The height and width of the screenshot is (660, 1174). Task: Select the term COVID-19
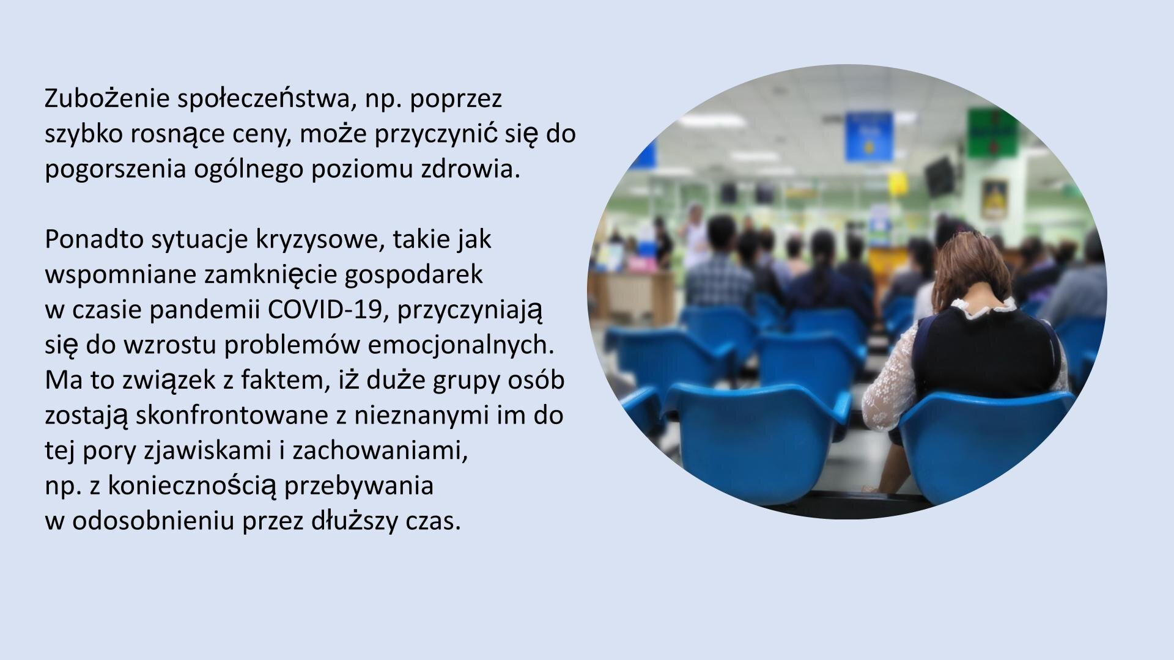328,310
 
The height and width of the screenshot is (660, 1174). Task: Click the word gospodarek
413,275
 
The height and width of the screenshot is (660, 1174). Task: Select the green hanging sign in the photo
992,131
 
